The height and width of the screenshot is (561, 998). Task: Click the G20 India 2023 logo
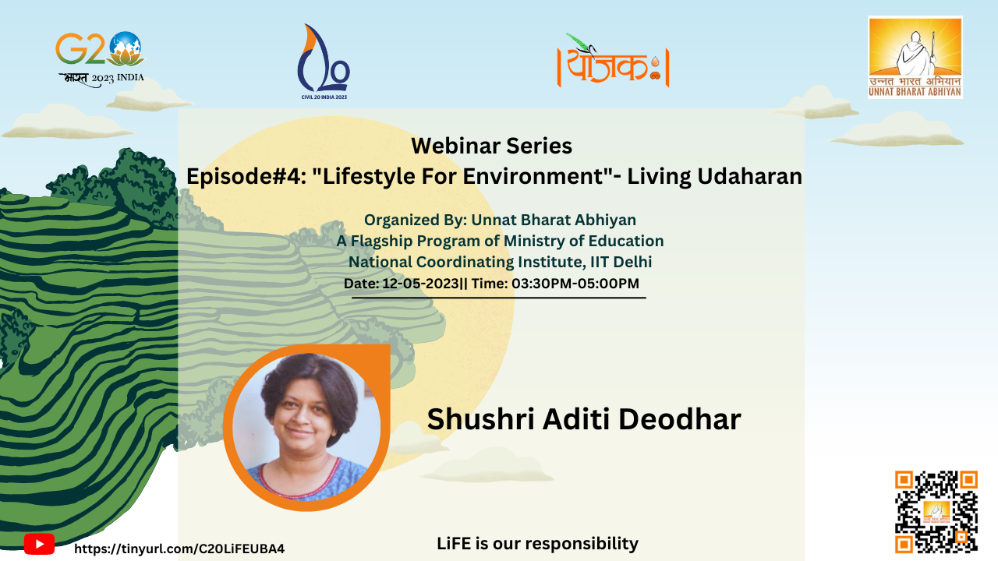point(101,58)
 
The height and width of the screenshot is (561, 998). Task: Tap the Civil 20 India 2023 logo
point(324,62)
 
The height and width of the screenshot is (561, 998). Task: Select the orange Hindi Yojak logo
point(613,61)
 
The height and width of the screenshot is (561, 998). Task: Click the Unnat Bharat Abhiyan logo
point(915,58)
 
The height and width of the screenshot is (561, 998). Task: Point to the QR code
point(936,512)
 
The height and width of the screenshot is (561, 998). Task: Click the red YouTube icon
point(39,544)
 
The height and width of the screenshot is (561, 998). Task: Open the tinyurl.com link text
point(179,549)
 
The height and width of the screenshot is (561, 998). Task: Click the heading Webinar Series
point(491,146)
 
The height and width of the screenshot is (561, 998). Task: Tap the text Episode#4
point(246,176)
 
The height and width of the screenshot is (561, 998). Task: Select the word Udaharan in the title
point(750,176)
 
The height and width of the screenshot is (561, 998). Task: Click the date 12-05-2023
point(420,283)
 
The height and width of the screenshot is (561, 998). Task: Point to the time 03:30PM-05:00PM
point(575,283)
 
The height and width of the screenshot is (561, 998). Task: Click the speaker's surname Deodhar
point(680,419)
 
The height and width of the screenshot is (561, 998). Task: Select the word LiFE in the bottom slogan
point(454,544)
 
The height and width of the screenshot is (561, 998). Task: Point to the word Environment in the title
point(533,176)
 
